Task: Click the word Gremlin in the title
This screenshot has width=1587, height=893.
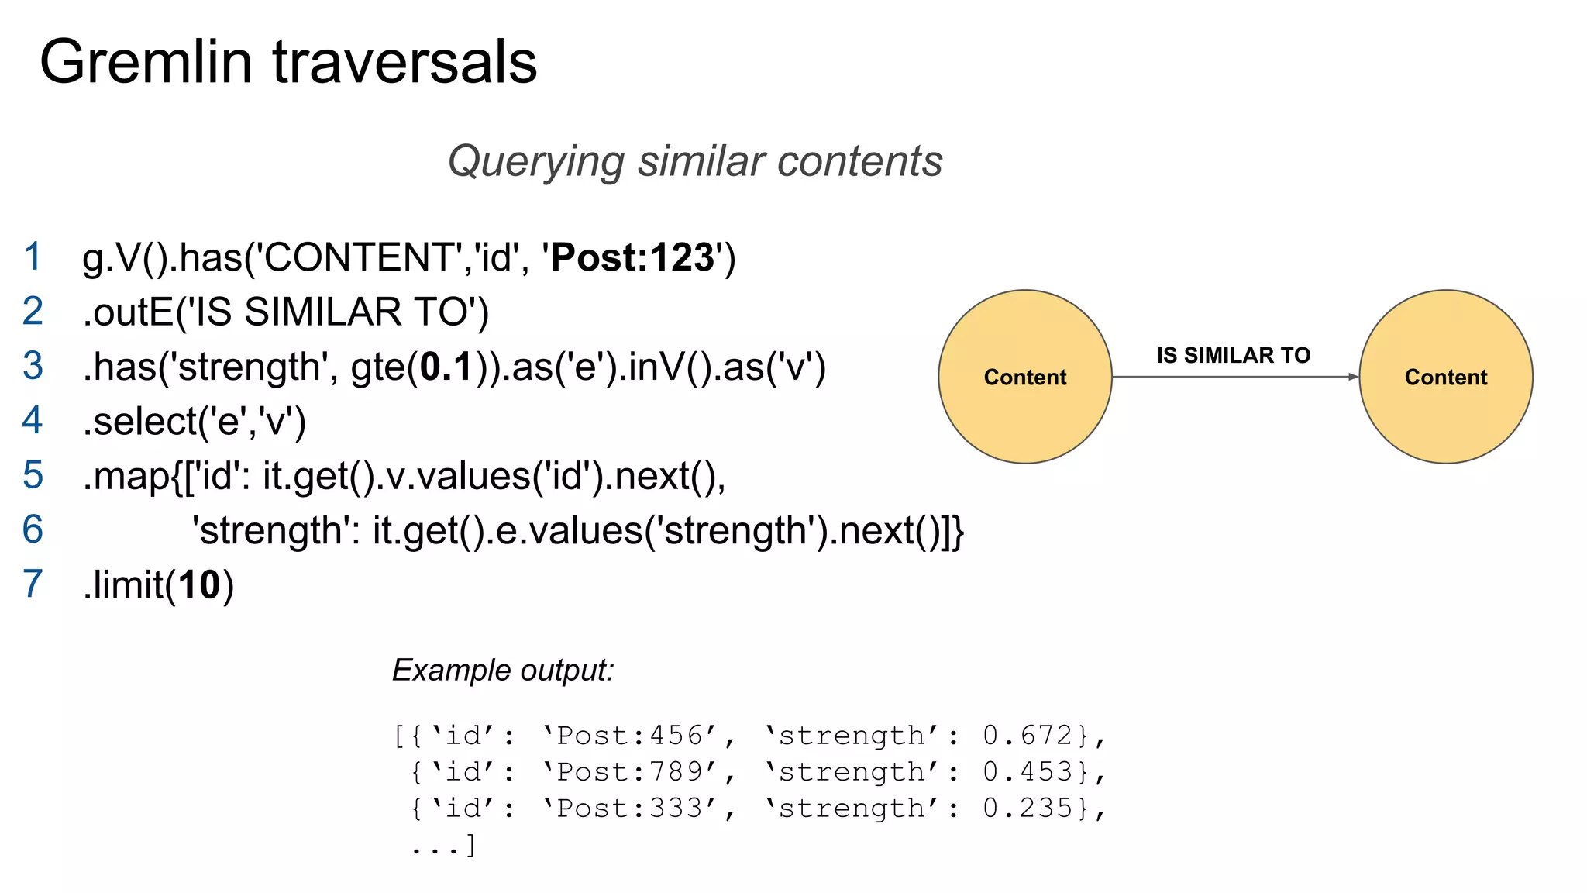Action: pyautogui.click(x=146, y=62)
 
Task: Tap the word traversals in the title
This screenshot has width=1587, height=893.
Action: pyautogui.click(x=404, y=62)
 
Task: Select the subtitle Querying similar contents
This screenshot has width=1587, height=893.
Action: pyautogui.click(x=695, y=161)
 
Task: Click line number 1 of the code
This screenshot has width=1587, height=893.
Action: pyautogui.click(x=33, y=257)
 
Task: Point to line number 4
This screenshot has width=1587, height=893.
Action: pyautogui.click(x=33, y=420)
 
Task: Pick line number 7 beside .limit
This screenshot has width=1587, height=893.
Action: pyautogui.click(x=33, y=584)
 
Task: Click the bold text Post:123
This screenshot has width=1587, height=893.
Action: pyautogui.click(x=632, y=257)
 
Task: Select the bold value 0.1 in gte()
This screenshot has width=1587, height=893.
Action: pyautogui.click(x=446, y=367)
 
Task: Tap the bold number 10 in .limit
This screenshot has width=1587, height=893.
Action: pyautogui.click(x=199, y=584)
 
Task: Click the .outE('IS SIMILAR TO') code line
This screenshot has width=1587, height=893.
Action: pyautogui.click(x=285, y=312)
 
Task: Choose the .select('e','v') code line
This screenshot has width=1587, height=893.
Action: pyautogui.click(x=194, y=421)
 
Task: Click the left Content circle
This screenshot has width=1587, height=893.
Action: pyautogui.click(x=1024, y=377)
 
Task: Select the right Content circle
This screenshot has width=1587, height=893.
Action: pyautogui.click(x=1445, y=377)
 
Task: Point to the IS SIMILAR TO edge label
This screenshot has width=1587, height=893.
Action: pyautogui.click(x=1234, y=355)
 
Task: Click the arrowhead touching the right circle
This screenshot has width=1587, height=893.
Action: pyautogui.click(x=1353, y=377)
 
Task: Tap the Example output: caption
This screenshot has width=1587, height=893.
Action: pyautogui.click(x=503, y=670)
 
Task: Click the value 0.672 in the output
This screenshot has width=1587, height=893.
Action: pyautogui.click(x=1028, y=735)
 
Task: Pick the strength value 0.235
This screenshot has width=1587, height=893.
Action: pyautogui.click(x=1028, y=808)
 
